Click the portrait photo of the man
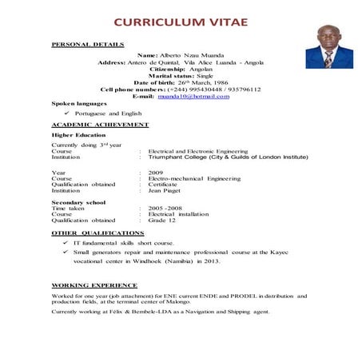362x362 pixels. pyautogui.click(x=329, y=48)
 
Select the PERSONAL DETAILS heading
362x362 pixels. pyautogui.click(x=87, y=44)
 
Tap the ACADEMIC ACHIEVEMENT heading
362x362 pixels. pyautogui.click(x=100, y=125)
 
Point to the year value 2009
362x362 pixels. pyautogui.click(x=155, y=173)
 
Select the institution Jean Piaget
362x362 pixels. pyautogui.click(x=163, y=191)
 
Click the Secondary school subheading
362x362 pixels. pyautogui.click(x=79, y=202)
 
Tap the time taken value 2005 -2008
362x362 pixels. pyautogui.click(x=165, y=208)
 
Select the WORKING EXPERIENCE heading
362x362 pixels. pyautogui.click(x=94, y=284)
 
